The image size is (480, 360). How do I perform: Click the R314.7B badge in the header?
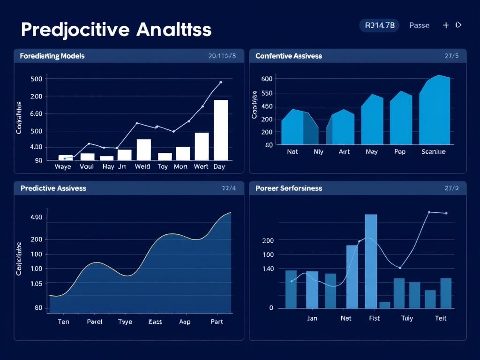tap(379, 25)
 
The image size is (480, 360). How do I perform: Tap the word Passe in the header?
tap(419, 25)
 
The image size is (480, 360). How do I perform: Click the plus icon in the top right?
tap(446, 25)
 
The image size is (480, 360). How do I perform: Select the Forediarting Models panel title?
tap(52, 56)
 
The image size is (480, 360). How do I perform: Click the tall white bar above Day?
tap(221, 130)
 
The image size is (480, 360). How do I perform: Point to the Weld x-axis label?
tap(142, 166)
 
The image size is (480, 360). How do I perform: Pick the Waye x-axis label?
tap(63, 166)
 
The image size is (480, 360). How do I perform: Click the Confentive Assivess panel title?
tap(289, 56)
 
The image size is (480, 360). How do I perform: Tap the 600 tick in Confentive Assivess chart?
tap(267, 79)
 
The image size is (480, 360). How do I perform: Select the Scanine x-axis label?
tap(434, 152)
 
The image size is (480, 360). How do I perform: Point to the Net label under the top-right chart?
tap(292, 152)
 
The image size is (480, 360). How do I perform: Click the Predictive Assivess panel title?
tap(53, 188)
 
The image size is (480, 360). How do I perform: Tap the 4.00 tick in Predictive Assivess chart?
tap(36, 217)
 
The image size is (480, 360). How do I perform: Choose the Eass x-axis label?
tap(155, 322)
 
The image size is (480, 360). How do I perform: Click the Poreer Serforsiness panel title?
tap(289, 188)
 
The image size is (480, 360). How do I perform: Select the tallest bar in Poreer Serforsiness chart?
tap(371, 261)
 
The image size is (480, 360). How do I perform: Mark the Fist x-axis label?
tap(374, 318)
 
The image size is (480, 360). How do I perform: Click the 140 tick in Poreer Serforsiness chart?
tap(268, 269)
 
